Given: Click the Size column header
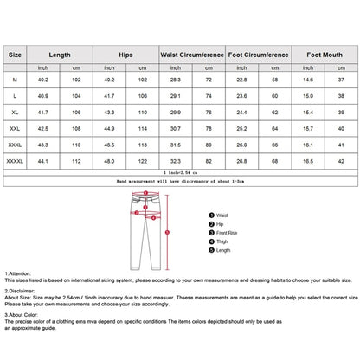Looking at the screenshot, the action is [16, 54].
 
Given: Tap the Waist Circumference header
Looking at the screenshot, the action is [191, 54].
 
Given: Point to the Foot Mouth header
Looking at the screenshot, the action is [327, 54].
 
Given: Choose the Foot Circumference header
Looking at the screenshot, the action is [259, 54].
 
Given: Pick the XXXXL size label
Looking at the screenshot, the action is [16, 160].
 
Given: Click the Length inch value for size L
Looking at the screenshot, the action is [41, 95].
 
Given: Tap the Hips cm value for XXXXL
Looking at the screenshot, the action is [140, 160].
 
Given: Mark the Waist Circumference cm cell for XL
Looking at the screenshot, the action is [209, 112].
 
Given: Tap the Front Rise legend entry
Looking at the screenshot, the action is [227, 231].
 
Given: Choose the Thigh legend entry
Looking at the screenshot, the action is [222, 241].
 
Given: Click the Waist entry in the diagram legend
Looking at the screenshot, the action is [222, 214].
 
